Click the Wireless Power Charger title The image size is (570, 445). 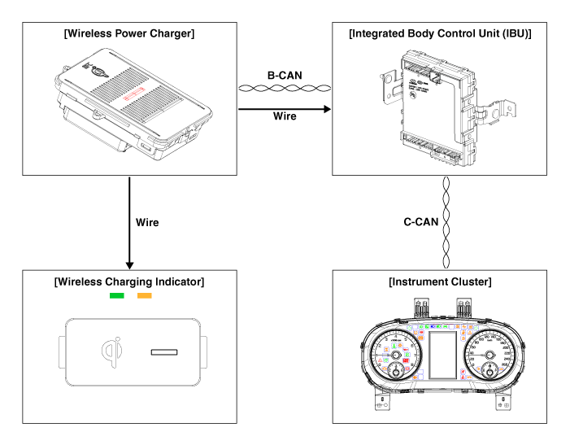(x=128, y=33)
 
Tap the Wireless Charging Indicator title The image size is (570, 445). (x=128, y=282)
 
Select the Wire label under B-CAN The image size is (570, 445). (x=284, y=116)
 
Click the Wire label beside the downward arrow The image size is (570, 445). (x=146, y=222)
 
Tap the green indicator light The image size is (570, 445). (x=117, y=296)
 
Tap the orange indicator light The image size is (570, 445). (x=145, y=296)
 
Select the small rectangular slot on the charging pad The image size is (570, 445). (x=164, y=353)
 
